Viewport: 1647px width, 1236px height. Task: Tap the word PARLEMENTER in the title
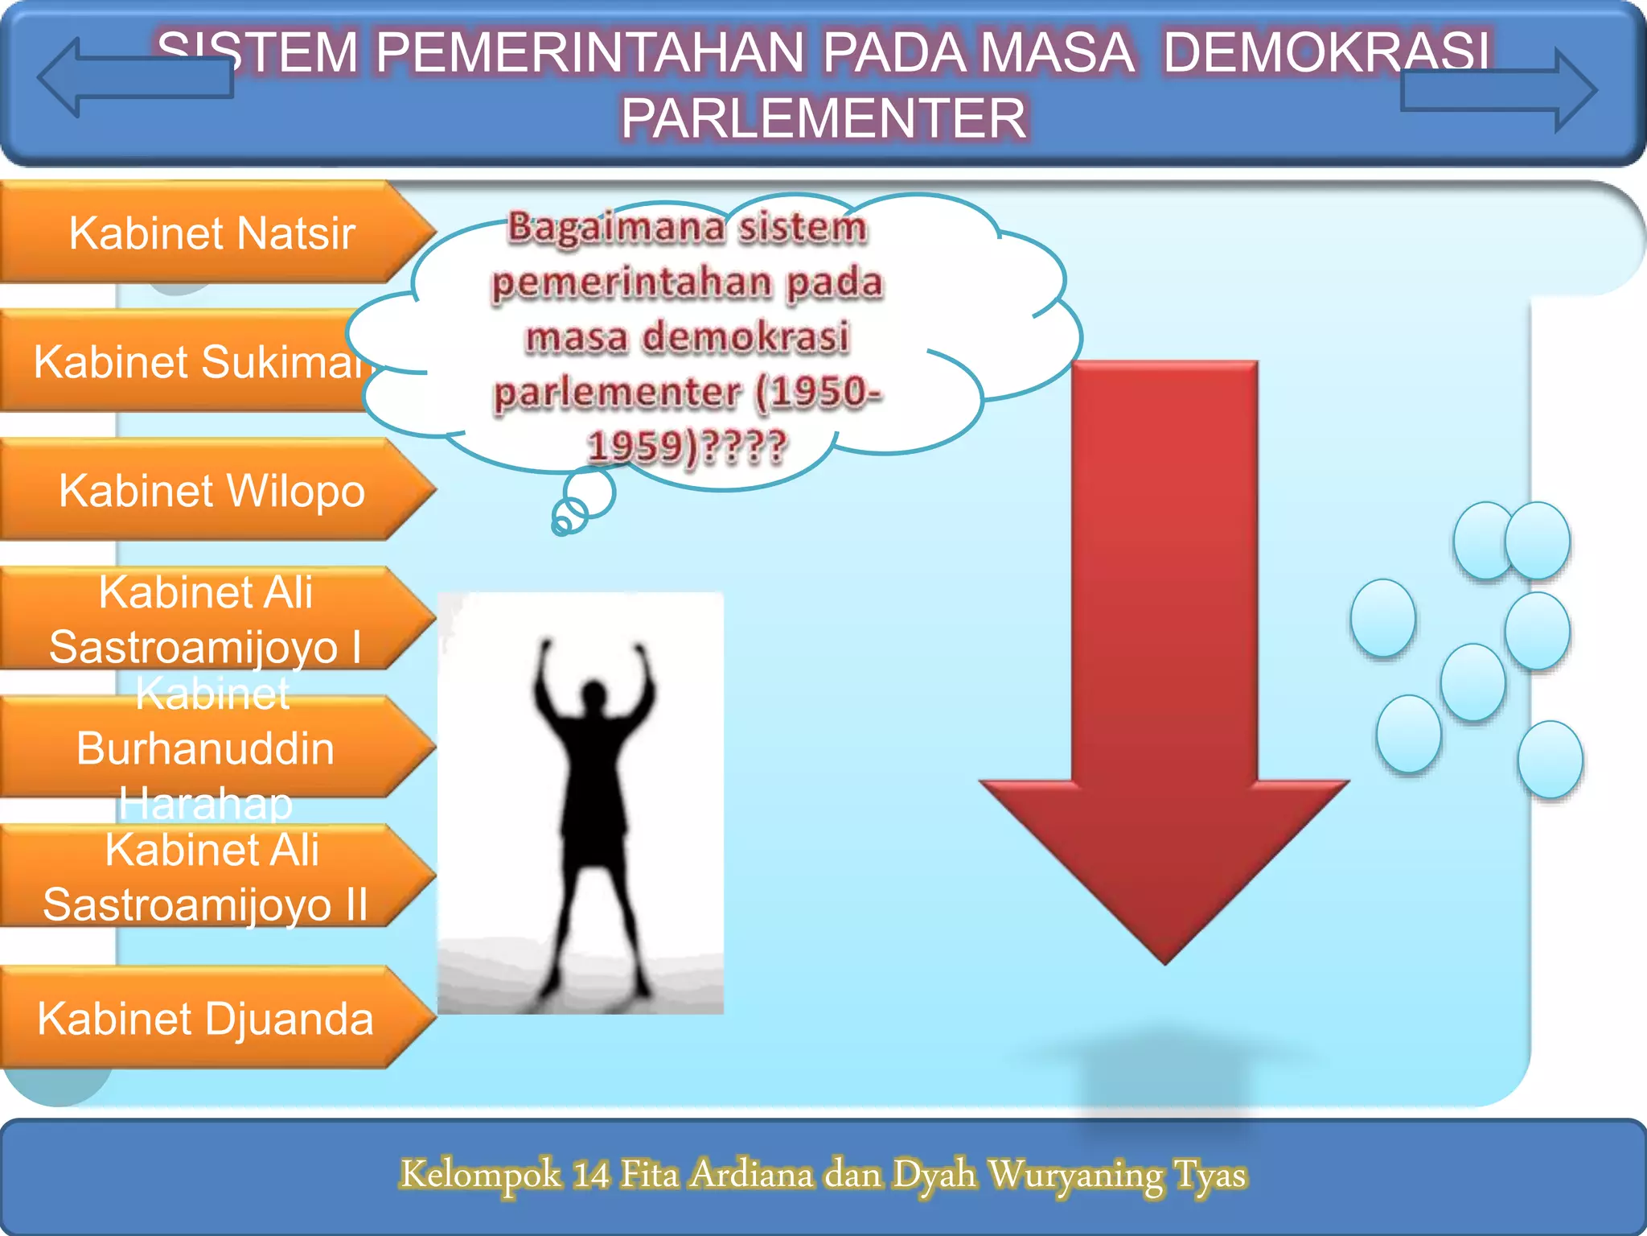click(823, 118)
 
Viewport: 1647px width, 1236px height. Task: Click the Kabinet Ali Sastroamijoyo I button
click(205, 620)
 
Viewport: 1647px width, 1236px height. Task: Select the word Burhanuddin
click(205, 748)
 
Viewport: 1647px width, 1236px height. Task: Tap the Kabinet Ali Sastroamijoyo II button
click(205, 877)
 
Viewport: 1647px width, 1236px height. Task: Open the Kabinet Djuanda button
click(205, 1019)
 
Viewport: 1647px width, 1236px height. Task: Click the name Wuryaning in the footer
click(1075, 1174)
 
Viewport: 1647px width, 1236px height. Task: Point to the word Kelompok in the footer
click(480, 1174)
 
